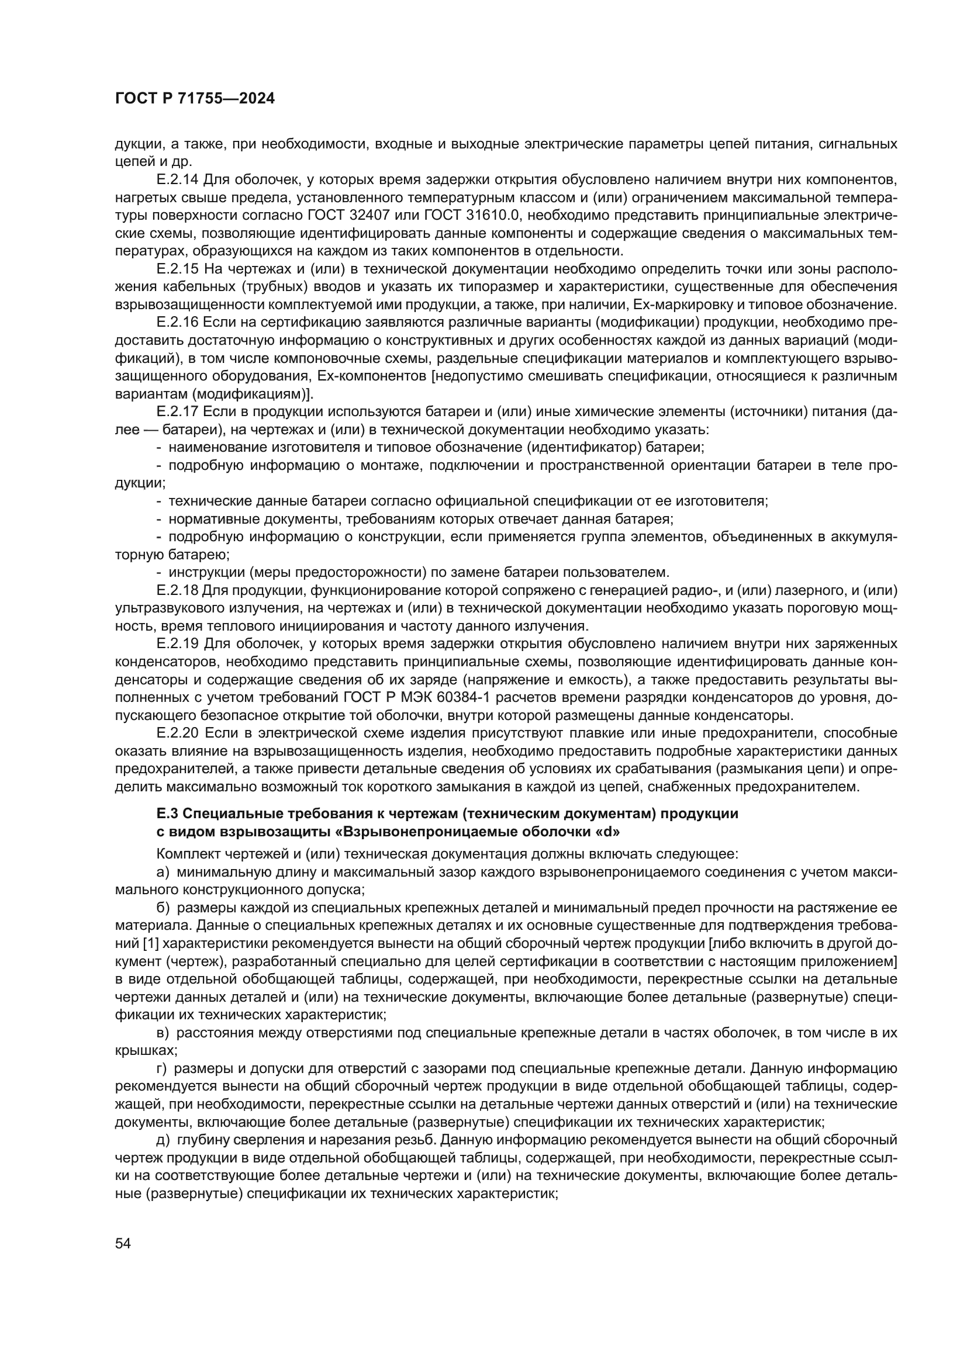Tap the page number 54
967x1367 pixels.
point(123,1255)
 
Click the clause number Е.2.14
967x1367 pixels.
point(178,179)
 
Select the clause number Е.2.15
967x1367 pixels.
point(178,269)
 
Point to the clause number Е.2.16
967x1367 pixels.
point(178,323)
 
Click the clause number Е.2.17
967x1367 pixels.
point(178,412)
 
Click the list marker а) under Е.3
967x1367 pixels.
point(164,873)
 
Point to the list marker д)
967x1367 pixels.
point(164,1141)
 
